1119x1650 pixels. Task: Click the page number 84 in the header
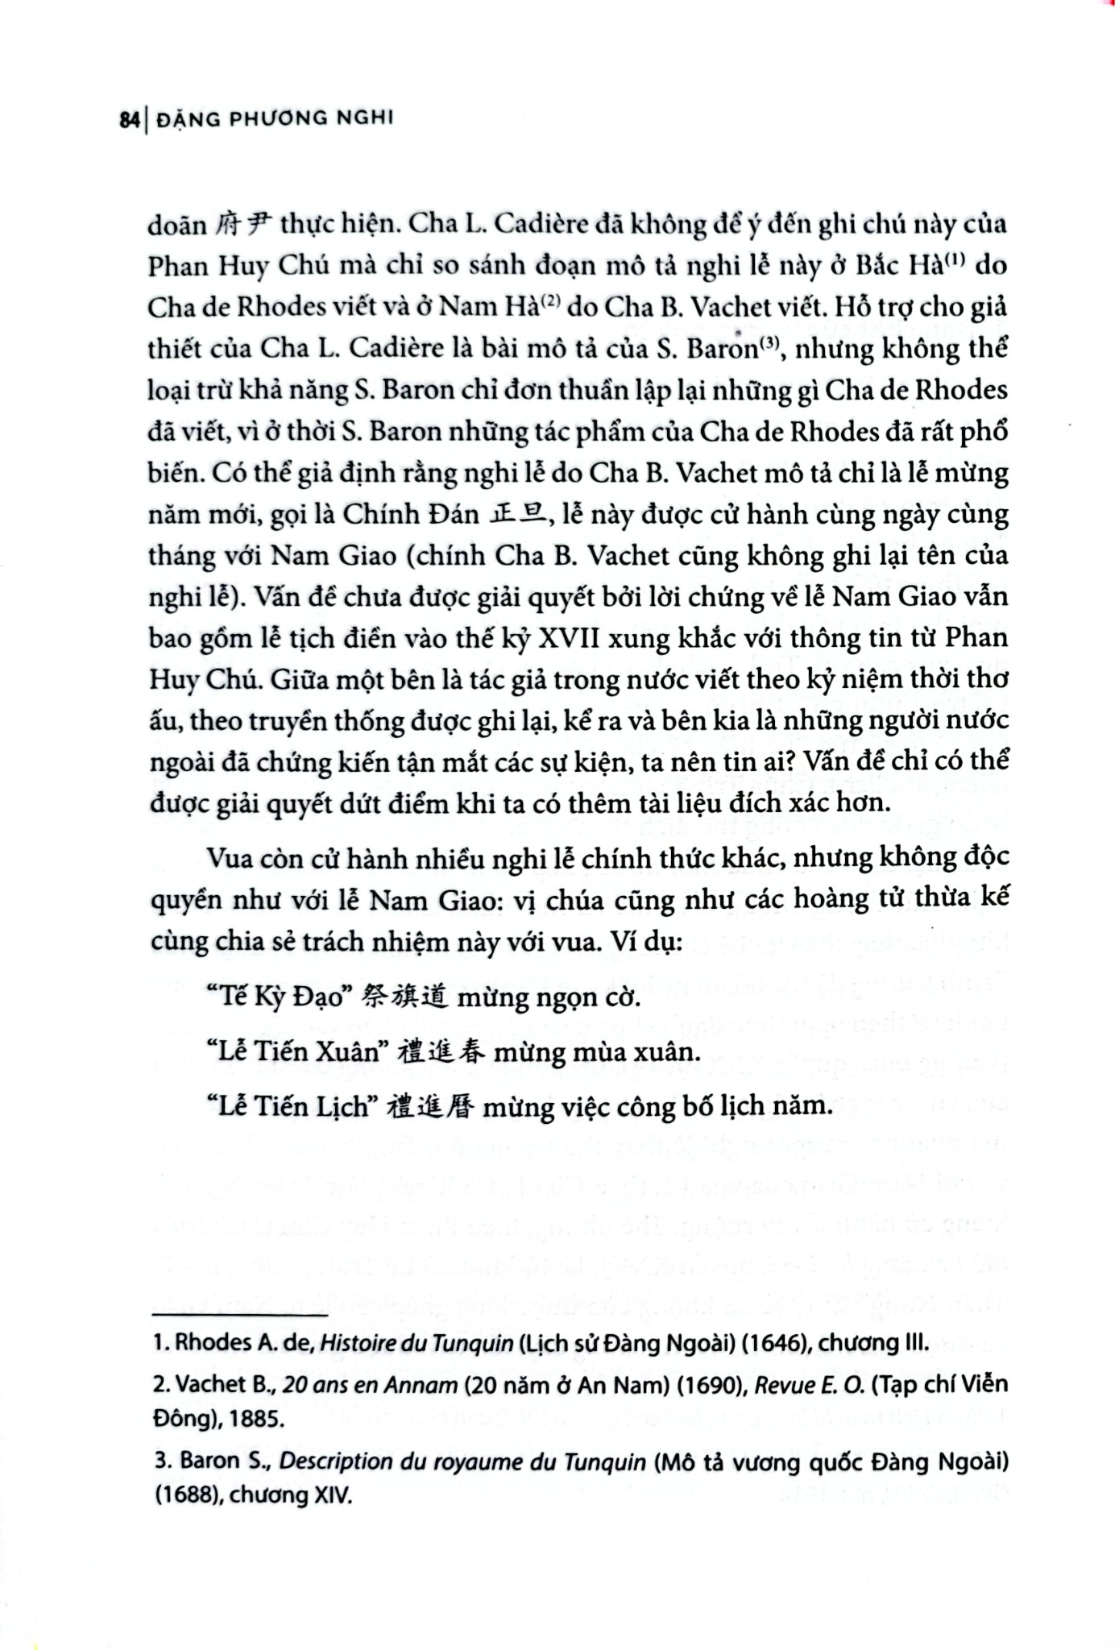(x=129, y=120)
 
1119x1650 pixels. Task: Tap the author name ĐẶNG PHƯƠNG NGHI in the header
(x=274, y=119)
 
